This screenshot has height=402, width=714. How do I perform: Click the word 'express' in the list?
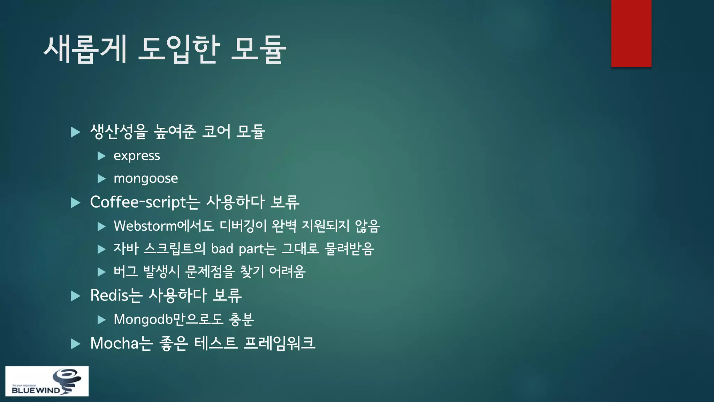coord(137,156)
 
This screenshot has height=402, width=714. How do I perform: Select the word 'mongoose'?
coord(146,178)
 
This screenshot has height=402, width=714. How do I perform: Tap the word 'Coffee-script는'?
coord(145,202)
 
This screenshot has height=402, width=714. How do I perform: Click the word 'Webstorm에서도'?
coord(164,226)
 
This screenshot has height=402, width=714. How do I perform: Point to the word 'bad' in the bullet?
coord(222,249)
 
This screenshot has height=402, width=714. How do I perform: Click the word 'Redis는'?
coord(116,296)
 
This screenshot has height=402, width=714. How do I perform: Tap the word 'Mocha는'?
coord(121,343)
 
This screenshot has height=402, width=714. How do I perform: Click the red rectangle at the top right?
coord(631,33)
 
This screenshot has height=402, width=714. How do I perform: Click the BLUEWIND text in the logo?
coord(36,390)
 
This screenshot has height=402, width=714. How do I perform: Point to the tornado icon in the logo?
coord(67,380)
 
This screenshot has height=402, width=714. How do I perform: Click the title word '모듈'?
coord(259,49)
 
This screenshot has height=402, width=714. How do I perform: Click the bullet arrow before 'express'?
coord(101,156)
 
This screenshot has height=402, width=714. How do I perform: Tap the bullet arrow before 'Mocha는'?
coord(75,344)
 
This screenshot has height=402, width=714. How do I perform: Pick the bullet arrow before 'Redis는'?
coord(75,296)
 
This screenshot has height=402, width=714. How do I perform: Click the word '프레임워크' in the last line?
coord(279,343)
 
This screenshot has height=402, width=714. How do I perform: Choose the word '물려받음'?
coord(349,249)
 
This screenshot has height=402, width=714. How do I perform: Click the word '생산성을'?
coord(119,132)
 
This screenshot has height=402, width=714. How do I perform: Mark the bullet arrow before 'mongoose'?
coord(101,179)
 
